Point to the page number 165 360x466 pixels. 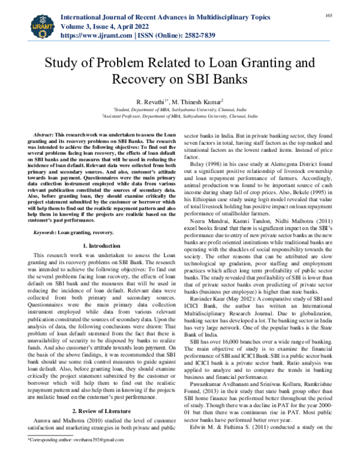[x=346, y=14]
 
